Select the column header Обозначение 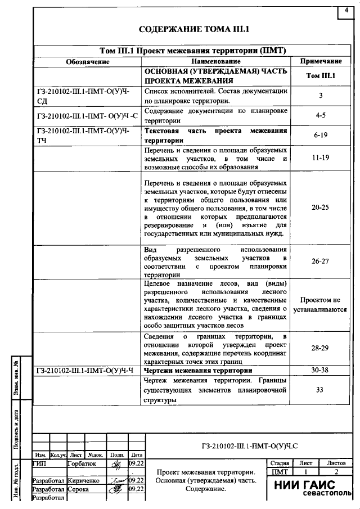coord(87,61)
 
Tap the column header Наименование coord(215,61)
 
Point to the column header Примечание coord(321,61)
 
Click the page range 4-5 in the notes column coord(320,115)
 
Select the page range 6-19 coord(320,136)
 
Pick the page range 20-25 coord(320,207)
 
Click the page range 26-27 coord(320,261)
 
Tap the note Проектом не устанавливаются coord(320,305)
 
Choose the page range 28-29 coord(320,349)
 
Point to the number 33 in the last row coord(320,389)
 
